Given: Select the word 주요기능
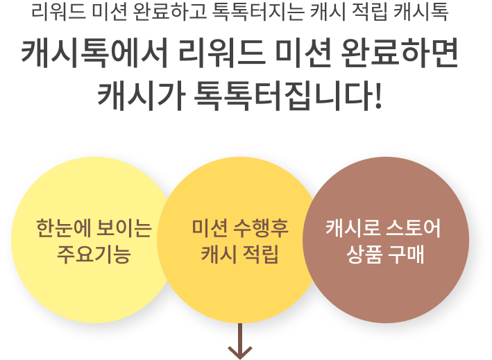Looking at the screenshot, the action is [94, 254].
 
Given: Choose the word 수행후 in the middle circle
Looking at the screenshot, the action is [261, 228].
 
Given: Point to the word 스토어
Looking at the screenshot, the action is [413, 228].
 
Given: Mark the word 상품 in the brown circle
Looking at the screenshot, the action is [364, 254].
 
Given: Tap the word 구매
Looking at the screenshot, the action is [406, 254].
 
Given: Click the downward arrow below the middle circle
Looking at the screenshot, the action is [240, 341].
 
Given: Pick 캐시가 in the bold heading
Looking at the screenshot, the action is [141, 95].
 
